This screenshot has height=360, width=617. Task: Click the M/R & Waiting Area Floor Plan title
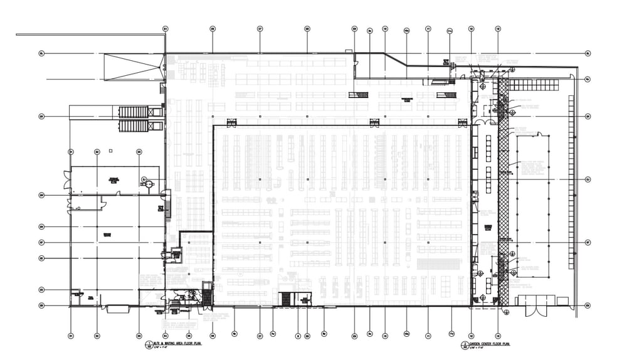[172, 344]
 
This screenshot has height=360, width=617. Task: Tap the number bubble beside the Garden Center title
[464, 344]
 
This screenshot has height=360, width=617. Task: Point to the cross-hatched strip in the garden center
[502, 188]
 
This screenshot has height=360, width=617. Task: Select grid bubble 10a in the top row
[406, 29]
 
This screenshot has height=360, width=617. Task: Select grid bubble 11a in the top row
[450, 29]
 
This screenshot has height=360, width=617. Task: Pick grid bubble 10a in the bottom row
[406, 335]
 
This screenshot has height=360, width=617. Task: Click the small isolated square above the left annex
[110, 150]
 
